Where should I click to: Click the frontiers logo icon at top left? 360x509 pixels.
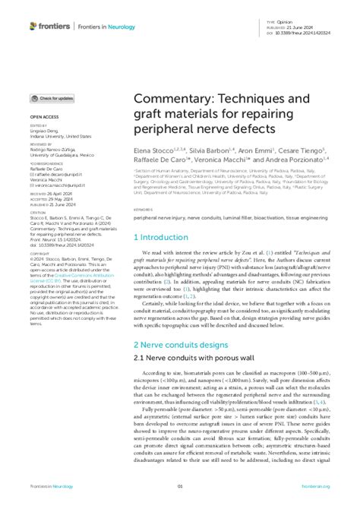coord(33,26)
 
